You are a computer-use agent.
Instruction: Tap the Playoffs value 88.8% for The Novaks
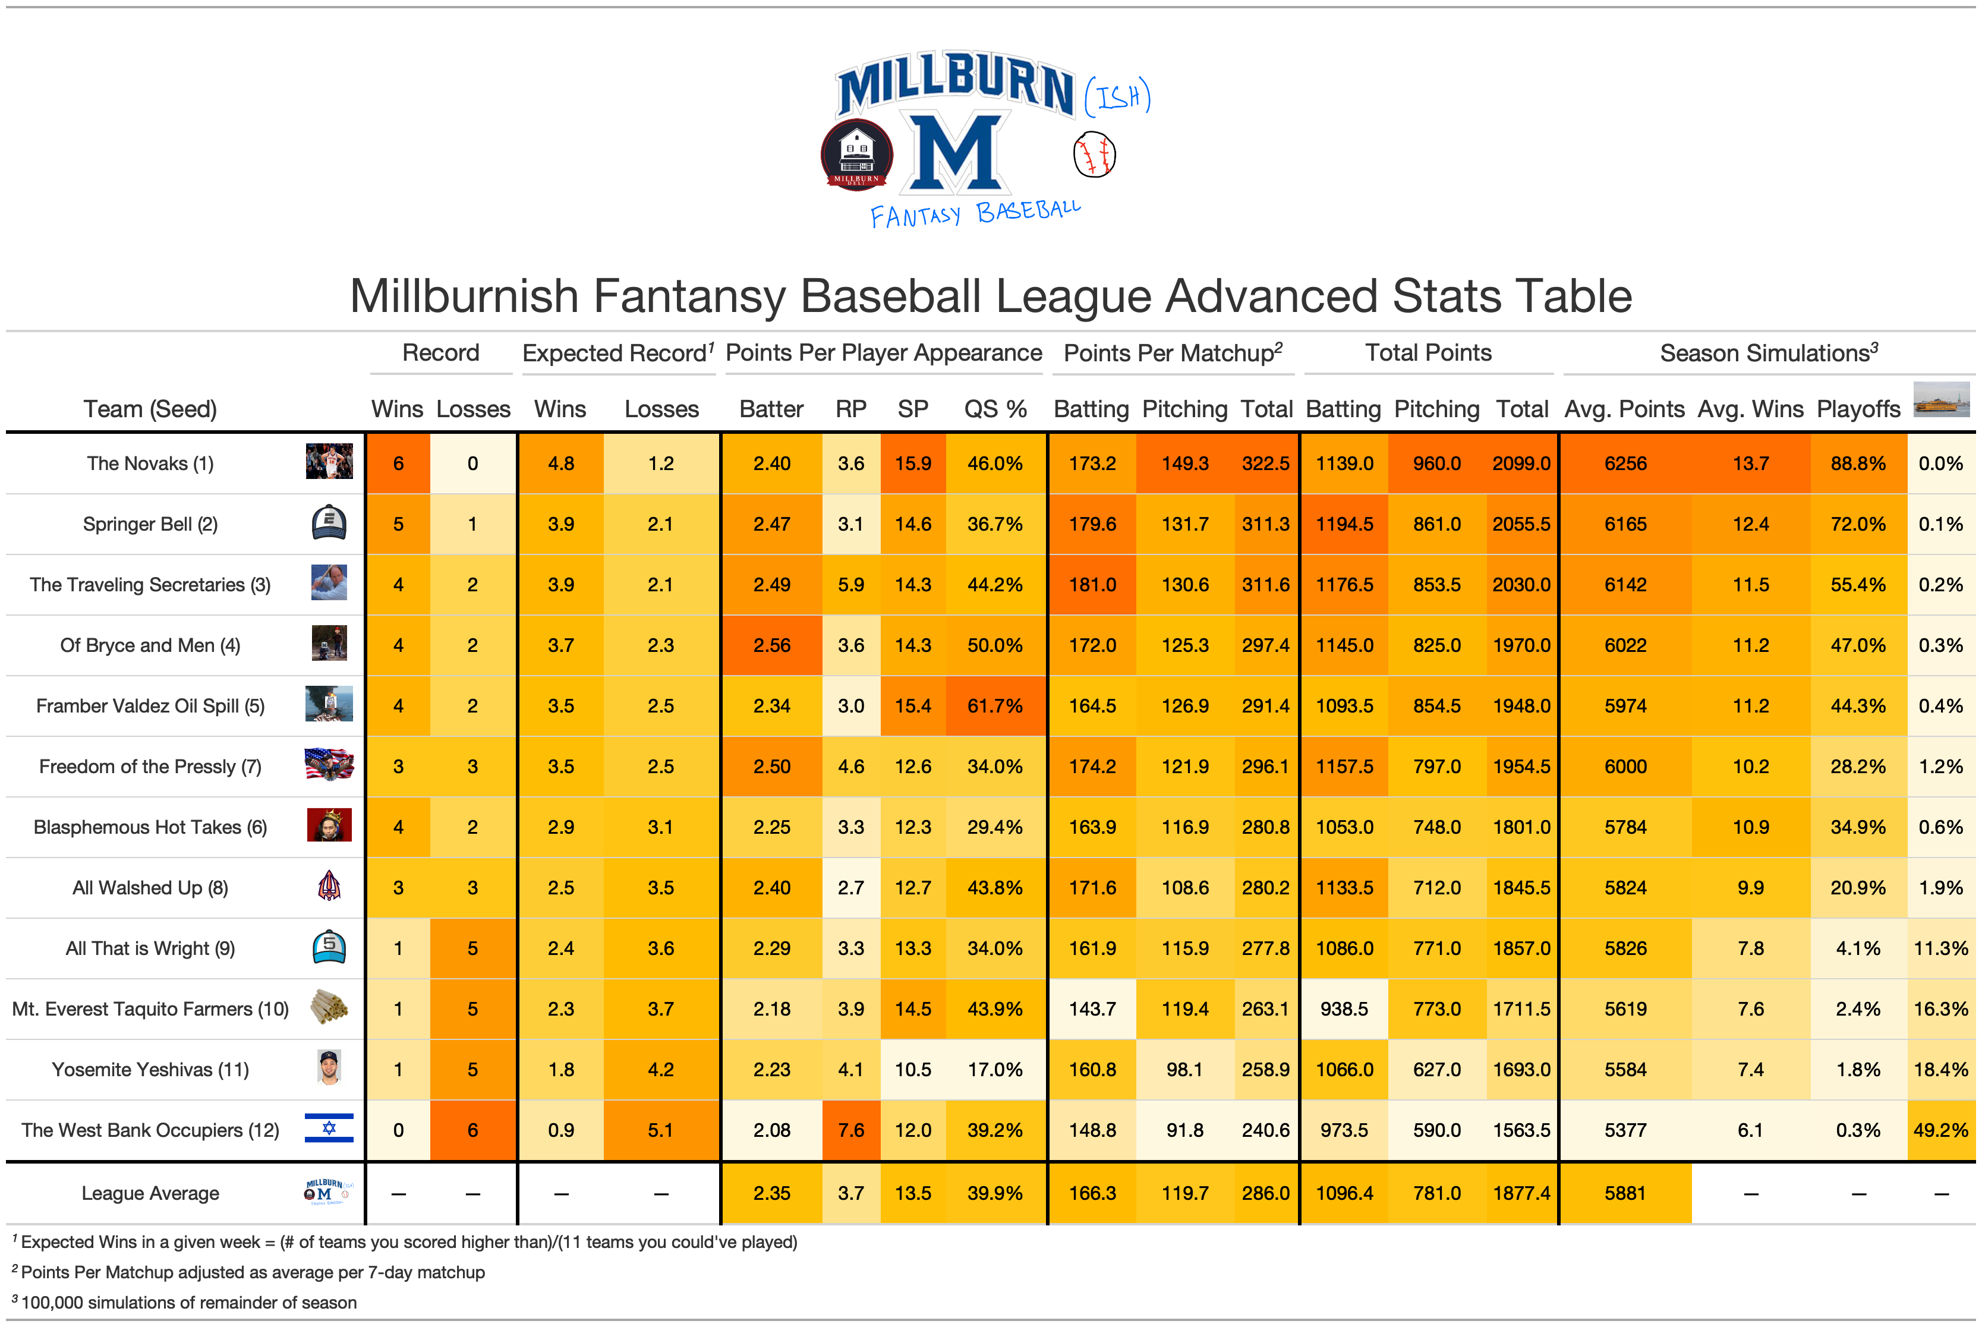pos(1858,464)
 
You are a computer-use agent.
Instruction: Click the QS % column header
pos(995,409)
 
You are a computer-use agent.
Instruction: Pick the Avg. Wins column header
pos(1750,409)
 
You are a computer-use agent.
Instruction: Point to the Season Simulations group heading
pos(1769,353)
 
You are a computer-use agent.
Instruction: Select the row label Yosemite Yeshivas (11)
pos(150,1070)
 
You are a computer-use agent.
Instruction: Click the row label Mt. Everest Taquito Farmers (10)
pos(150,1009)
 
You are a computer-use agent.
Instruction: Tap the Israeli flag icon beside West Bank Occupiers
pos(329,1129)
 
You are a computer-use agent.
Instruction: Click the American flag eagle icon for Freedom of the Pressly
pos(329,765)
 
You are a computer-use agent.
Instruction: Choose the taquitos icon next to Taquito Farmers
pos(329,1007)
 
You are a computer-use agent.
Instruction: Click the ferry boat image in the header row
pos(1942,399)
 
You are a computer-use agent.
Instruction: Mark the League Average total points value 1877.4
pos(1521,1193)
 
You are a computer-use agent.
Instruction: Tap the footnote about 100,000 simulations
pos(186,1303)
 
